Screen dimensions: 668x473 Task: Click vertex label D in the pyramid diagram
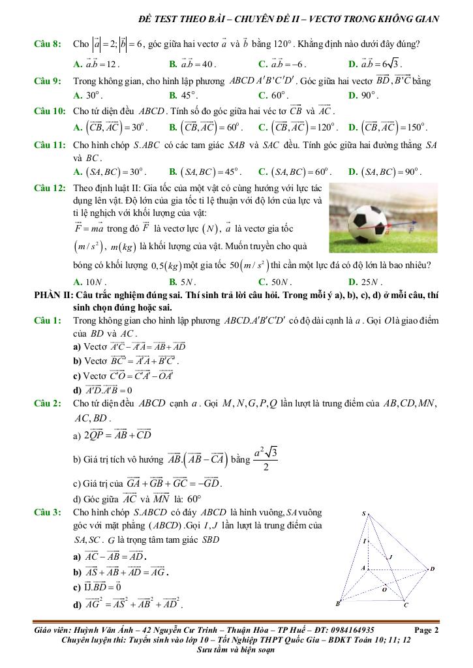[432, 569]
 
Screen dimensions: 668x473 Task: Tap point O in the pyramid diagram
[384, 589]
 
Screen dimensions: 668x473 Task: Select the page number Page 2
[427, 630]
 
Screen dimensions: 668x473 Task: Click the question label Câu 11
[48, 145]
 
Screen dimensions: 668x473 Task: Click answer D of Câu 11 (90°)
[385, 172]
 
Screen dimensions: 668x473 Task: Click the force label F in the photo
[411, 230]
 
